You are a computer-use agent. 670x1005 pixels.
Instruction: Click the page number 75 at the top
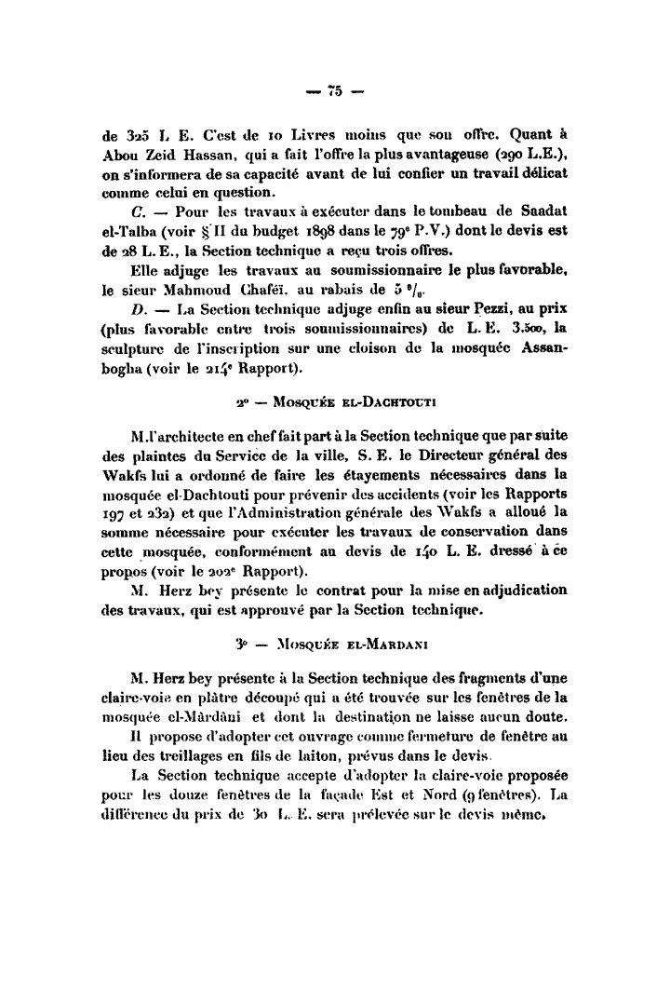(334, 91)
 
